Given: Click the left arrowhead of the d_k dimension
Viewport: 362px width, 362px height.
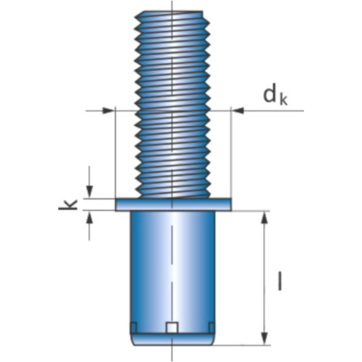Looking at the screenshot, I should (x=109, y=110).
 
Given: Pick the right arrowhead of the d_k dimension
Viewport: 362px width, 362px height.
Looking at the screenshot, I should (x=237, y=110).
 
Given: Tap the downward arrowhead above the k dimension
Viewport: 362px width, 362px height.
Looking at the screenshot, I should (x=89, y=192).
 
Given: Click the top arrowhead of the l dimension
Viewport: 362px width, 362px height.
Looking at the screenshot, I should (x=264, y=217).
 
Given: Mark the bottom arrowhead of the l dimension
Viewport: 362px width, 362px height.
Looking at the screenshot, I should (x=264, y=339).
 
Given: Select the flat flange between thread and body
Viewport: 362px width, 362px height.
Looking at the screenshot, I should (x=173, y=205).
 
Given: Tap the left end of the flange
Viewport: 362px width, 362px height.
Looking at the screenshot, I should (x=117, y=205).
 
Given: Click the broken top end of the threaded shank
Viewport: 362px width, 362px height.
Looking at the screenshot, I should (x=173, y=13).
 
